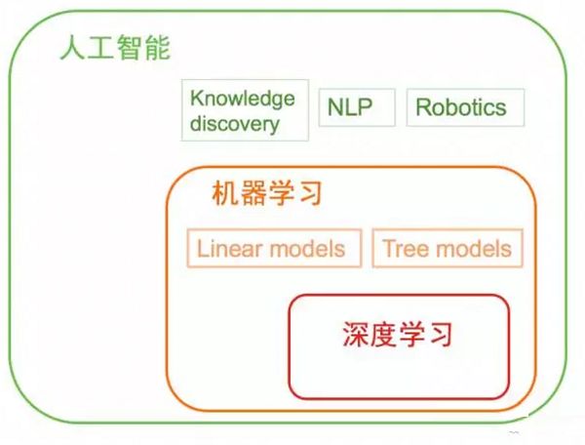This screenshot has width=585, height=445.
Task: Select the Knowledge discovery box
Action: pos(244,110)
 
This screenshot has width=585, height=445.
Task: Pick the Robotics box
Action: pos(461,106)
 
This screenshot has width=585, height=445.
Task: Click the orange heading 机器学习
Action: pos(266,193)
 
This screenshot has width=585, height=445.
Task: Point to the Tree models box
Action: pos(448,248)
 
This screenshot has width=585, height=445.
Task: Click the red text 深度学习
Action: pos(398,336)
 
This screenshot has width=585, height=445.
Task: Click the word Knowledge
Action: pos(243,99)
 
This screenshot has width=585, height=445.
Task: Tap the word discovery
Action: pos(235,124)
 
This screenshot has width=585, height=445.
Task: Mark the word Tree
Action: pos(402,248)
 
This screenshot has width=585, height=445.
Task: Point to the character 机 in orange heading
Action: pos(225,193)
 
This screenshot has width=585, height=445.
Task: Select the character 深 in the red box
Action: pos(357,336)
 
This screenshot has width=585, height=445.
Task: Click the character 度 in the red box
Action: pos(384,336)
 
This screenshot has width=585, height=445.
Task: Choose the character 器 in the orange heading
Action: pos(253,193)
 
